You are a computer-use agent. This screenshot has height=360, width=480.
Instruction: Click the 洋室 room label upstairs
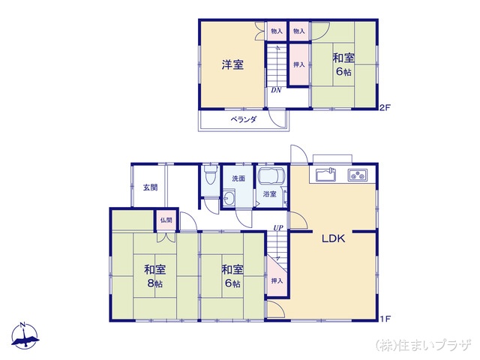coord(232,64)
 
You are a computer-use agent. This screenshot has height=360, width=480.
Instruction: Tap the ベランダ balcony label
coord(243,119)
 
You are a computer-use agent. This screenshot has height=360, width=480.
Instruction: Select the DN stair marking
coord(277,91)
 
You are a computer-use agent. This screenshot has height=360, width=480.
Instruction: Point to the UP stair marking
coord(278,228)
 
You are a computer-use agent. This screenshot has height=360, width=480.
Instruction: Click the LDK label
coord(333,239)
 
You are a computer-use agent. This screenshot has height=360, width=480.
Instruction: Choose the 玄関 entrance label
coord(151,187)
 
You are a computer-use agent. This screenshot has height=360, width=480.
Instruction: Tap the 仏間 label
coord(165,220)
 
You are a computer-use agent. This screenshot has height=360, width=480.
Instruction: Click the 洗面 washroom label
coord(238,178)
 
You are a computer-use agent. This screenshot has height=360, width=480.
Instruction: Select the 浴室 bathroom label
coord(269,194)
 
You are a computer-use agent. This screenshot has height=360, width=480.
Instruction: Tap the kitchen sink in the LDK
coord(325,175)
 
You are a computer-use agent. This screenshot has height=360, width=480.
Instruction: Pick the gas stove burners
coord(357,176)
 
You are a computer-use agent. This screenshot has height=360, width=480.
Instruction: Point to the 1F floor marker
coord(385,319)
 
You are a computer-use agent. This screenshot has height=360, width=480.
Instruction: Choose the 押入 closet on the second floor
coord(298,65)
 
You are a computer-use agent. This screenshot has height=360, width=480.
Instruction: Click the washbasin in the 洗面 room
coord(228,199)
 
